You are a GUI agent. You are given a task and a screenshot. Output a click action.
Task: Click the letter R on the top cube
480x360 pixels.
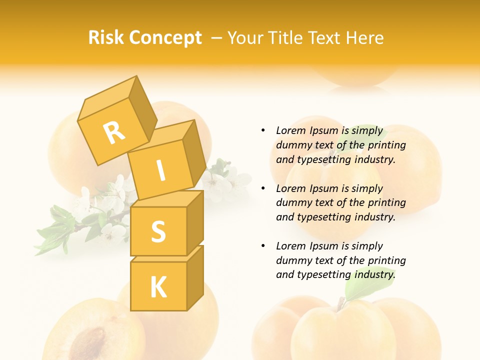[x=114, y=132]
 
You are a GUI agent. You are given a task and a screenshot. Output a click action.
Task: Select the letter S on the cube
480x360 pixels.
[x=158, y=231]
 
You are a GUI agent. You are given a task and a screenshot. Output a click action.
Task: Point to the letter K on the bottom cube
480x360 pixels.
[x=158, y=287]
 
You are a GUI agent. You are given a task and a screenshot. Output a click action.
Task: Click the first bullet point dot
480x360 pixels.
[x=263, y=130]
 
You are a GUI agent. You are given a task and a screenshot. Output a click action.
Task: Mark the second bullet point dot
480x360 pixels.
[x=263, y=188]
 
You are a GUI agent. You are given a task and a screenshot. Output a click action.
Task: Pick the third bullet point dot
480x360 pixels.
[x=263, y=246]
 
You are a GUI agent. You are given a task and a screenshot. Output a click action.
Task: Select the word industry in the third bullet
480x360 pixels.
[x=375, y=274]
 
